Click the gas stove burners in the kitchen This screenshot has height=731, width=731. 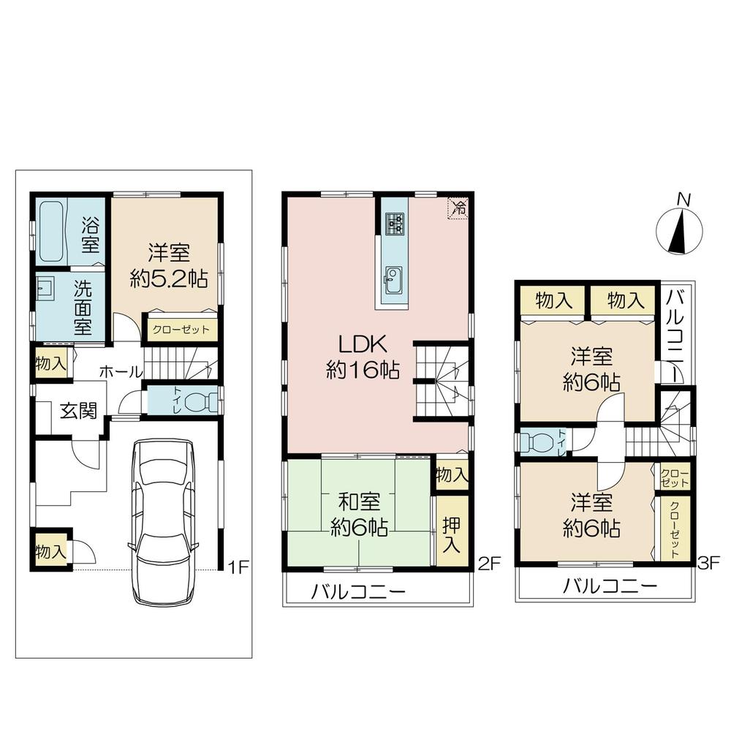point(395,221)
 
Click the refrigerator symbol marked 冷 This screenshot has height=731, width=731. point(458,207)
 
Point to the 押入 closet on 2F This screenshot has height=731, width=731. point(452,530)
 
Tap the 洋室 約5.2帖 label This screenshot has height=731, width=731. point(169,266)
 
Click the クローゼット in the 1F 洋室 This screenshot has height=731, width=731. point(181,330)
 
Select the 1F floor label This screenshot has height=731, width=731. point(238,565)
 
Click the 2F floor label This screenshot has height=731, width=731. point(488,564)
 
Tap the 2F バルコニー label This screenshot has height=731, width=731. point(358,591)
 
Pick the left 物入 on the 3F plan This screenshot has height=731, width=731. point(552,299)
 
